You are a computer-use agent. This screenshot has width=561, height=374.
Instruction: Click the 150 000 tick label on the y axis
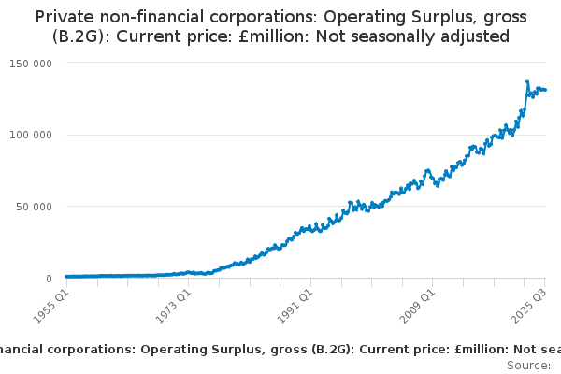click(x=30, y=63)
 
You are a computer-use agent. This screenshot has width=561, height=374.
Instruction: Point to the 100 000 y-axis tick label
click(x=30, y=135)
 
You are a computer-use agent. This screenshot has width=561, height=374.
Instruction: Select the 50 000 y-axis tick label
click(x=33, y=207)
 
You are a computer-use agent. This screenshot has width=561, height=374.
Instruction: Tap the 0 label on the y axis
click(x=47, y=279)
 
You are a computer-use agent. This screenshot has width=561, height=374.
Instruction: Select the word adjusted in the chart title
click(x=474, y=36)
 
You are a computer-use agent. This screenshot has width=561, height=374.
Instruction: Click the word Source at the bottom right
click(x=528, y=366)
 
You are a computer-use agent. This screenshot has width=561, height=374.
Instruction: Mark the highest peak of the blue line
click(x=527, y=82)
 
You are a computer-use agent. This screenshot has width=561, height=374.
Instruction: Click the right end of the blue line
click(x=546, y=90)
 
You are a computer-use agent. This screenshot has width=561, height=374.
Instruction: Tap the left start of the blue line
click(x=65, y=277)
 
